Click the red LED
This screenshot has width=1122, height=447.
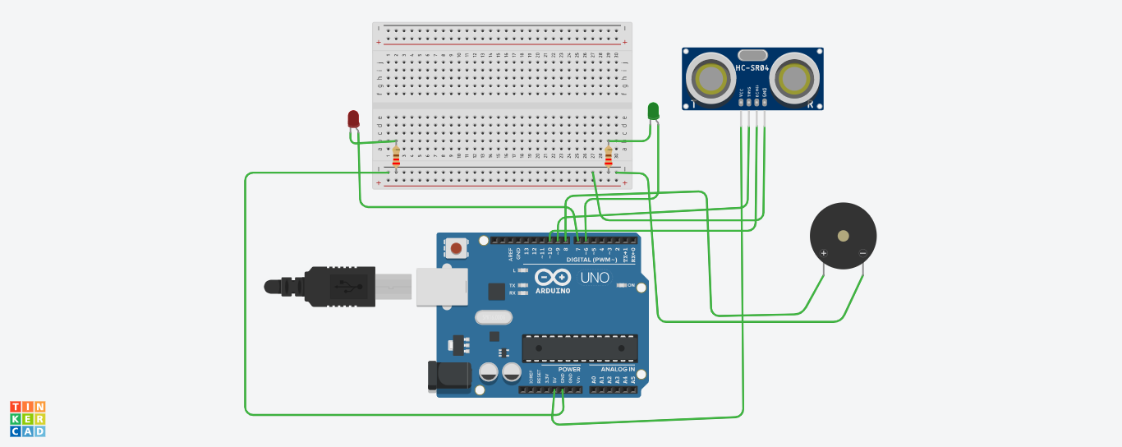click(x=353, y=119)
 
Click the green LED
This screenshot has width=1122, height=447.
click(x=653, y=111)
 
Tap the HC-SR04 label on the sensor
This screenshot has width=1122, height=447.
click(x=752, y=67)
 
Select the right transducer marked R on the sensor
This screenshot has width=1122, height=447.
click(x=793, y=79)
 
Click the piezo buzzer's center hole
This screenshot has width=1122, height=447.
click(x=843, y=236)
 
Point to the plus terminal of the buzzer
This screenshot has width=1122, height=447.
click(x=824, y=253)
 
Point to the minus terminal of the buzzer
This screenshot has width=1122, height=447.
click(x=862, y=253)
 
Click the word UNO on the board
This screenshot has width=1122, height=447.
click(x=595, y=278)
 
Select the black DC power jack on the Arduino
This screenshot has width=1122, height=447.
click(x=448, y=376)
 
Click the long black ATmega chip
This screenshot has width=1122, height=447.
click(x=580, y=348)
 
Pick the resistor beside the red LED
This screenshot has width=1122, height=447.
click(x=396, y=155)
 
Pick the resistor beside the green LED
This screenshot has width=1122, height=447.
click(x=609, y=154)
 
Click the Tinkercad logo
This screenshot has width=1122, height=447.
click(x=27, y=419)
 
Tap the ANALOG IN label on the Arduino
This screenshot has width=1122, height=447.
click(x=612, y=369)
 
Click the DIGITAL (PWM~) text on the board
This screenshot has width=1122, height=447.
click(x=591, y=260)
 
